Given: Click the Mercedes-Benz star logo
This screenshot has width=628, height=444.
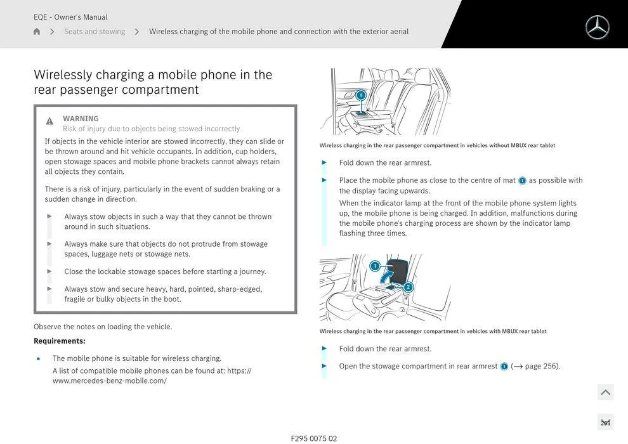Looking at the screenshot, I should click(x=597, y=27).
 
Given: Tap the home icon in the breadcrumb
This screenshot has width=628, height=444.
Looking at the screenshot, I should click(x=37, y=32).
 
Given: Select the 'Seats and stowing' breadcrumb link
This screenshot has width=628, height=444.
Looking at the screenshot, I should click(x=95, y=32).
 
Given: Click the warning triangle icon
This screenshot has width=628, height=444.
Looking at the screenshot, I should click(x=49, y=121).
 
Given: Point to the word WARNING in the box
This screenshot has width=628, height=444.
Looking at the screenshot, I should click(x=81, y=119).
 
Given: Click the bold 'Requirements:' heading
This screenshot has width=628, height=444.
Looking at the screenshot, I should click(x=60, y=341).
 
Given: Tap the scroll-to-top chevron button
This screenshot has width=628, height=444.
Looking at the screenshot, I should click(x=605, y=393).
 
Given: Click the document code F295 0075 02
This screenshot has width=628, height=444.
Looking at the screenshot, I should click(x=314, y=438).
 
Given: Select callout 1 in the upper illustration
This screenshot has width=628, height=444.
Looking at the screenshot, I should click(x=361, y=95).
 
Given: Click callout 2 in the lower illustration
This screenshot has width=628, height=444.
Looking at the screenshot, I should click(x=408, y=287).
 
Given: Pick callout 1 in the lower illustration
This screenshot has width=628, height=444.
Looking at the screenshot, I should click(x=375, y=266).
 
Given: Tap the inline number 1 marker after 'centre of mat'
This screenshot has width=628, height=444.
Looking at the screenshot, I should click(x=522, y=181).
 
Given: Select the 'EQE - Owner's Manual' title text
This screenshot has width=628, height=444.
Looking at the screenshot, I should click(x=70, y=17).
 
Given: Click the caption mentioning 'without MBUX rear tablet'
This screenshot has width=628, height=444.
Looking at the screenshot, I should click(x=437, y=146).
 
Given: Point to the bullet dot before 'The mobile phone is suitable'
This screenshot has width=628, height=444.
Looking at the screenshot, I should click(x=39, y=359).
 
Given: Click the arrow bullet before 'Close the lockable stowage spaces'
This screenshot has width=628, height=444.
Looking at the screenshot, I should click(x=49, y=271).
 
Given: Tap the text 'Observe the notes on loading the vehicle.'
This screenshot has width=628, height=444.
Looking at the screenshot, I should click(x=103, y=327).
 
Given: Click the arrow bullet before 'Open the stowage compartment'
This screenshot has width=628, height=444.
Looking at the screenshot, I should click(x=325, y=366).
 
